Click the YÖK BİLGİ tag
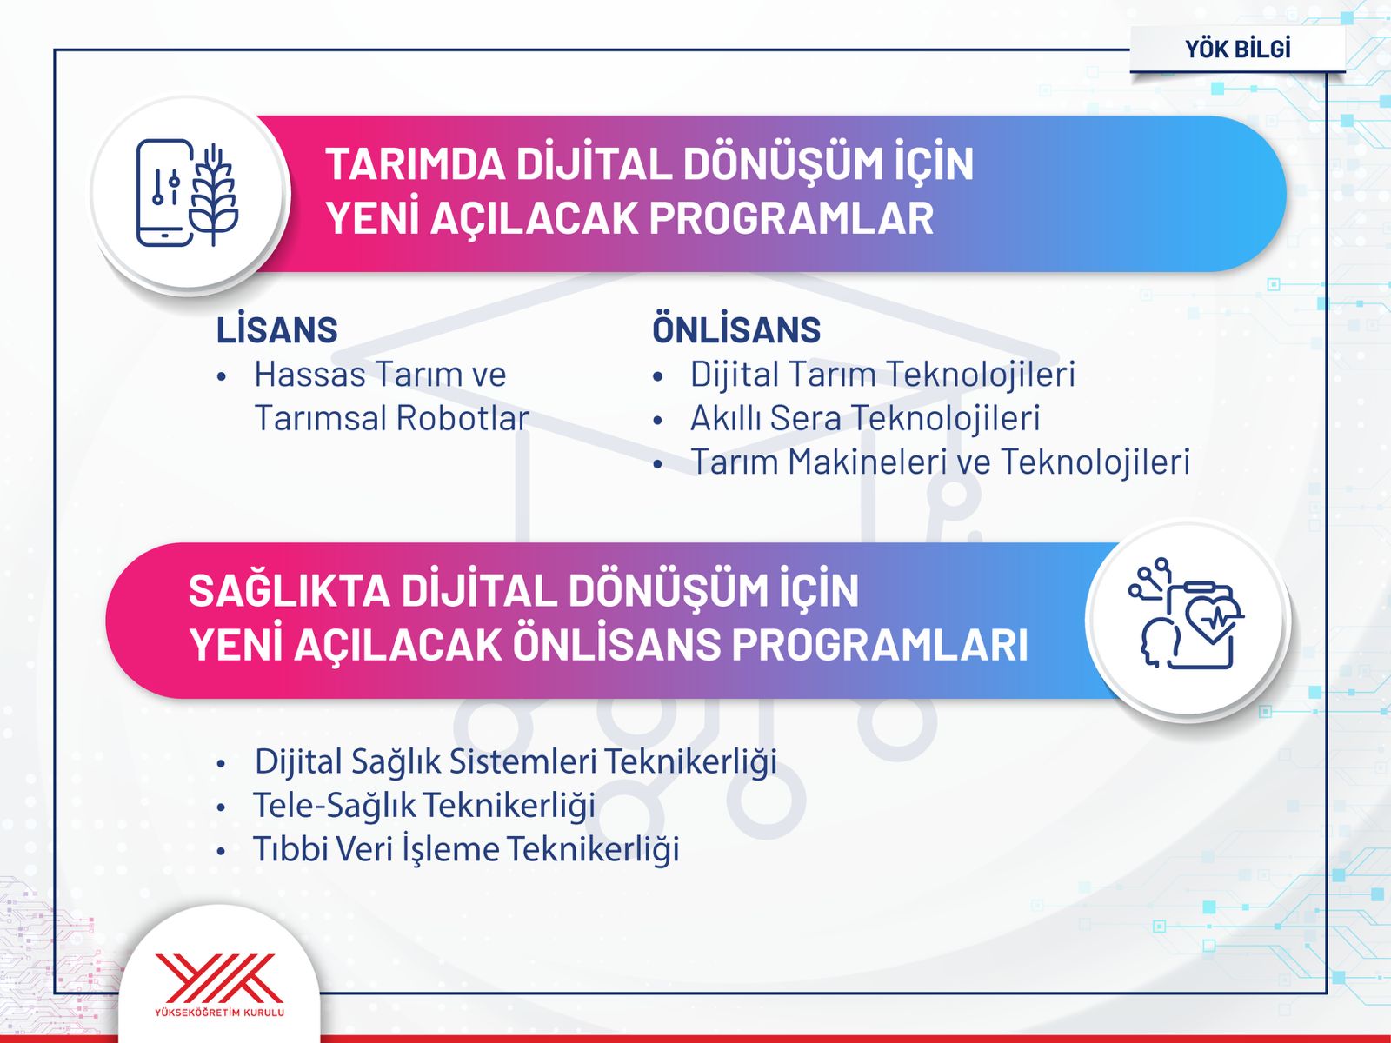(x=1238, y=49)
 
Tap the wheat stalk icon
(x=214, y=195)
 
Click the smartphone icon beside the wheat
(x=165, y=192)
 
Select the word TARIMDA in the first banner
(x=415, y=164)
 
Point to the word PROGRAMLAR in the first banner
(x=791, y=218)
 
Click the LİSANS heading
(x=277, y=330)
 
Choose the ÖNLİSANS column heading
(x=736, y=329)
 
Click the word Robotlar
(x=463, y=418)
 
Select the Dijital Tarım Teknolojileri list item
(x=882, y=375)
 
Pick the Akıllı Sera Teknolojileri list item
(x=865, y=418)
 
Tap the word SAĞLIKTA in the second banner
(x=289, y=590)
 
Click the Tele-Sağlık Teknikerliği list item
(x=424, y=806)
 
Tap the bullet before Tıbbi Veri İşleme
(x=221, y=851)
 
